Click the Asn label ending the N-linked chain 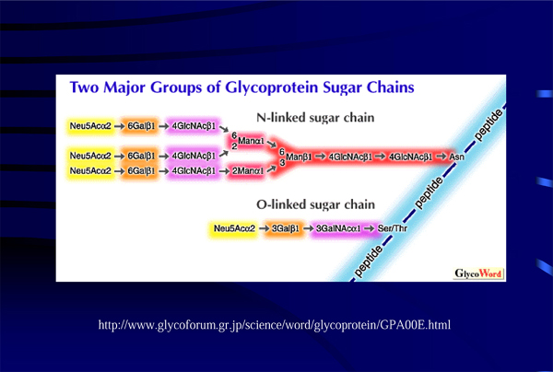pyautogui.click(x=456, y=157)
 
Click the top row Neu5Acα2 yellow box pyautogui.click(x=88, y=123)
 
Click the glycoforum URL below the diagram pyautogui.click(x=275, y=325)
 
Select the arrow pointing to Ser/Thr pyautogui.click(x=371, y=227)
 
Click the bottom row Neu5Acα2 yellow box pyautogui.click(x=88, y=171)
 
